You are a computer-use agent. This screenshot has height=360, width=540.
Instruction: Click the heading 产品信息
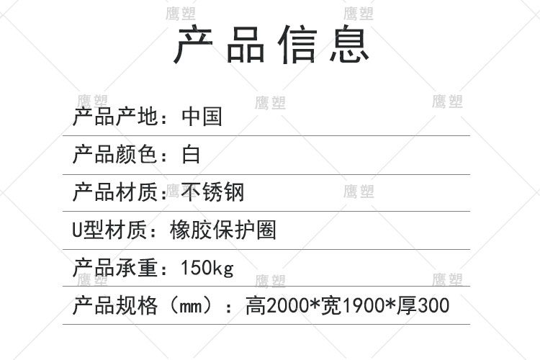tap(273, 45)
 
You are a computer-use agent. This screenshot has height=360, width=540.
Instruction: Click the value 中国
tap(202, 117)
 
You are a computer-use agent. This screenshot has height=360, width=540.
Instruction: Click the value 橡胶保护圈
tap(222, 230)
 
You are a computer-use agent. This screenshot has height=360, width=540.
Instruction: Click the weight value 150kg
tap(207, 269)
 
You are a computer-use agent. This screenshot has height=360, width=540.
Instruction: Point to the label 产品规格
tap(115, 306)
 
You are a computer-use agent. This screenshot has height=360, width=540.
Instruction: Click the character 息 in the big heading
tap(350, 45)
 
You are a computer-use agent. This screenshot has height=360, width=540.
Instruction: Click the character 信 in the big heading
tap(298, 45)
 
